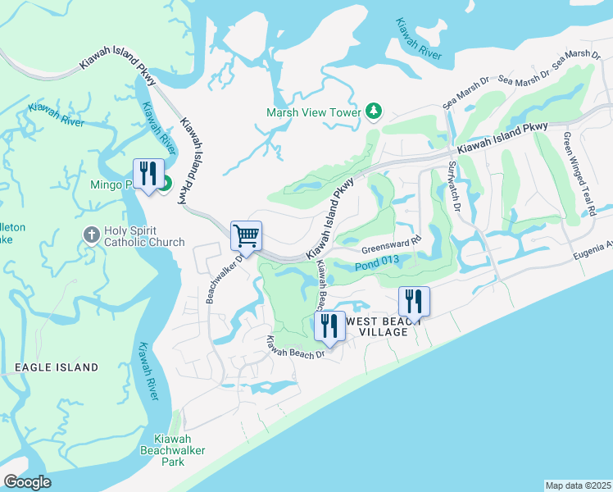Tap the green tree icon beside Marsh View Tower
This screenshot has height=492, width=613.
tap(374, 111)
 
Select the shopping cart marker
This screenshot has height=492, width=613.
tap(246, 237)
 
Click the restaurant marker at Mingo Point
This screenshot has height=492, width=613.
tap(148, 174)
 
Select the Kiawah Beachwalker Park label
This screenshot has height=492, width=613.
tap(172, 450)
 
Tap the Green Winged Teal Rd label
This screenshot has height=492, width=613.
tap(579, 175)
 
